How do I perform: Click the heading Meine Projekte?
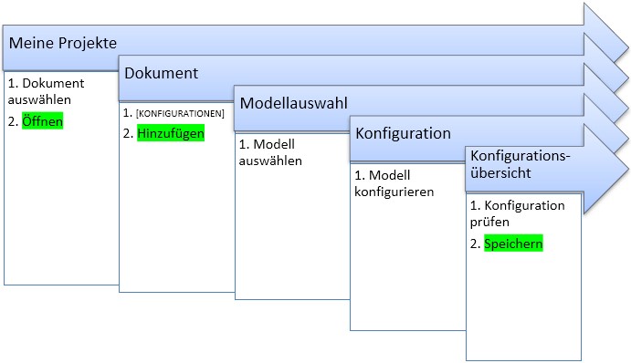[63, 43]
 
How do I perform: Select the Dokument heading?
[161, 73]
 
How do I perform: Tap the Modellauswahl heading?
[293, 103]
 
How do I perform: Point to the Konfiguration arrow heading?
[403, 133]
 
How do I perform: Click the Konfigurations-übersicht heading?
[521, 164]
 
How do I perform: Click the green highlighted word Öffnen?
[42, 121]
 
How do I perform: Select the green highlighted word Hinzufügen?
[171, 133]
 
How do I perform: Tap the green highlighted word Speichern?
[513, 244]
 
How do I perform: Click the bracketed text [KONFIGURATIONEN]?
[180, 114]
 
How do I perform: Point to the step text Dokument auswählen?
[46, 91]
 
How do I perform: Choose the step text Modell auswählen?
[270, 152]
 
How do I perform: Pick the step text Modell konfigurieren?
[394, 183]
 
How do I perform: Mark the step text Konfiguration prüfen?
[517, 213]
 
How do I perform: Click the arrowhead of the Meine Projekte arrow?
[605, 32]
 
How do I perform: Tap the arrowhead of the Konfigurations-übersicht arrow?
[605, 169]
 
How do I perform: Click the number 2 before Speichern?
[475, 244]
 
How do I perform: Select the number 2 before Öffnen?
[13, 121]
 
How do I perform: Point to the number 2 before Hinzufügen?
[128, 133]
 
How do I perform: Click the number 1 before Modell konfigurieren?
[359, 175]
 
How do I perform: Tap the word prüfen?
[489, 222]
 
